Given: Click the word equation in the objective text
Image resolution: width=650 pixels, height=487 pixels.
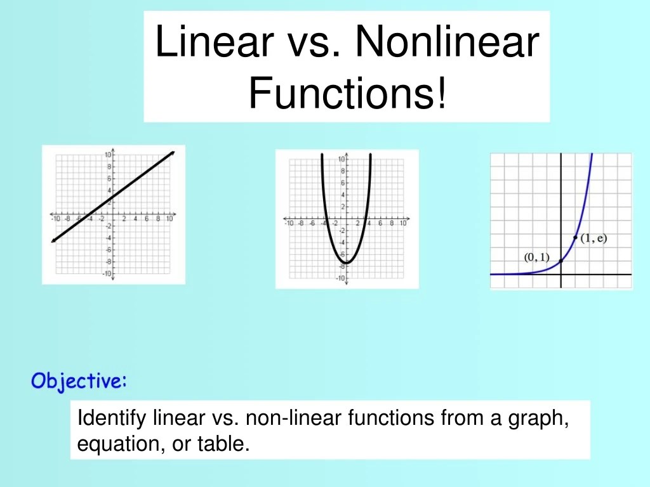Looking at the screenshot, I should click(111, 445).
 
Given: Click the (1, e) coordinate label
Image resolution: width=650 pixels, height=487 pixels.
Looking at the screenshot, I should click(594, 238).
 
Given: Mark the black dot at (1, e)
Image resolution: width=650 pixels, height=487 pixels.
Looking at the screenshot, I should click(575, 237).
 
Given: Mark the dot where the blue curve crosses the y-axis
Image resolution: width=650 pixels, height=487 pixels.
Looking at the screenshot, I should click(560, 261).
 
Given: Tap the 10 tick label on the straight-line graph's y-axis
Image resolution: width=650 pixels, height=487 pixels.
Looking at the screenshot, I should click(108, 155).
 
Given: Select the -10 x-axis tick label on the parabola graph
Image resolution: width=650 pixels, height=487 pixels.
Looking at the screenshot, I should click(289, 223).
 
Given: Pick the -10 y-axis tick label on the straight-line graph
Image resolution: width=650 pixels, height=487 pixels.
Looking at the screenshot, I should click(107, 273).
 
